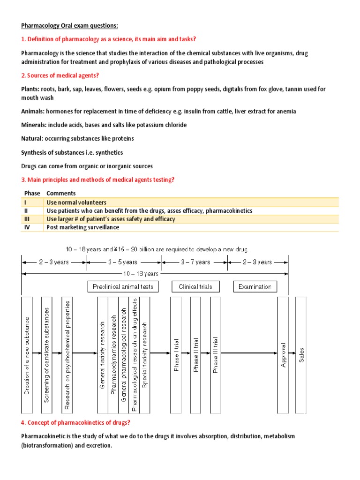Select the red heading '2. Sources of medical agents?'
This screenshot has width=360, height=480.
coord(60,75)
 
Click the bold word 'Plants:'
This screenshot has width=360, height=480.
coord(31,89)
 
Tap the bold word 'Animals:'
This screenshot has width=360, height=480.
coord(34,112)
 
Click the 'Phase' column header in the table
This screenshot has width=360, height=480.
coord(31,194)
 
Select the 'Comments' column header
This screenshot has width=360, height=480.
coord(61,194)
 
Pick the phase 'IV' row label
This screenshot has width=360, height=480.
coord(27,227)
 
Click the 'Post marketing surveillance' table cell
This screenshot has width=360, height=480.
coord(83,227)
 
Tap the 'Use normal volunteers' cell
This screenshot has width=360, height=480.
coord(76,202)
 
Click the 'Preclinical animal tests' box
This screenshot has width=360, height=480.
coord(123,286)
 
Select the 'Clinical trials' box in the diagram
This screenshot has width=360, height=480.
coord(195,286)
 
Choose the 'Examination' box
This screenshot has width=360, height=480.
coord(255,286)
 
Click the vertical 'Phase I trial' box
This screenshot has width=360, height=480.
coord(177,355)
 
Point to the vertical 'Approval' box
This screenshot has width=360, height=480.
coord(283,355)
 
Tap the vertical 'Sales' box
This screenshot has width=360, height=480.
coord(300,355)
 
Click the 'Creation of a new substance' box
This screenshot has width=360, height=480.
coord(27,355)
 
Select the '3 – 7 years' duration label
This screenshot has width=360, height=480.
coord(195,262)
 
